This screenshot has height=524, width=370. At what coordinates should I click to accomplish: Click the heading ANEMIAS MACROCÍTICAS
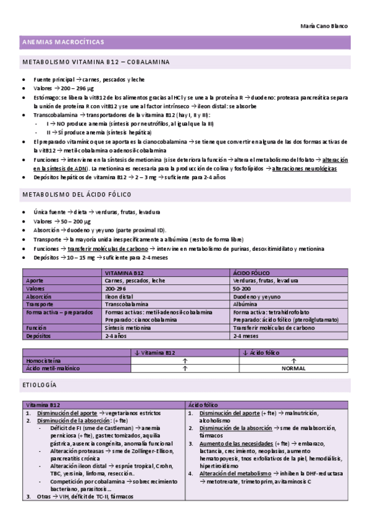coord(63,42)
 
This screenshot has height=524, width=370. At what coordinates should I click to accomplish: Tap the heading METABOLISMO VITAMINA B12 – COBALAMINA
coord(96,62)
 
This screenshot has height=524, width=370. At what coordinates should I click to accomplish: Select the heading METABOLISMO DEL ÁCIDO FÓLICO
coord(83,194)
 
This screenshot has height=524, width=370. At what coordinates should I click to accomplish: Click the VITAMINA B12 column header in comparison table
coord(125,273)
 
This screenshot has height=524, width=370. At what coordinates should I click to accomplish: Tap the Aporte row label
coord(35,281)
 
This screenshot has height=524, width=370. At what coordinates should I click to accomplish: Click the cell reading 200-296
coord(116,289)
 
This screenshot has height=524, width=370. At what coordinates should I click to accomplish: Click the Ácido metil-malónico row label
coord(53,368)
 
